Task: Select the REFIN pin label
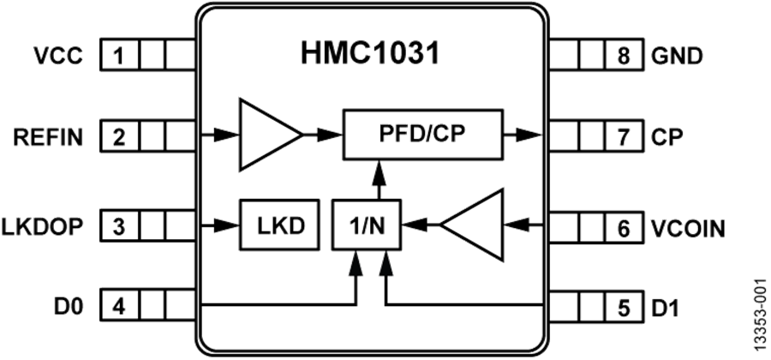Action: [49, 135]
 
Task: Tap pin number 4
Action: [119, 305]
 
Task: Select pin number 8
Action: [623, 57]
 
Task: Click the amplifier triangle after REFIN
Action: [266, 135]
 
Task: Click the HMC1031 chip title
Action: [370, 54]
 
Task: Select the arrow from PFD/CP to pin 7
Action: [524, 134]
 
